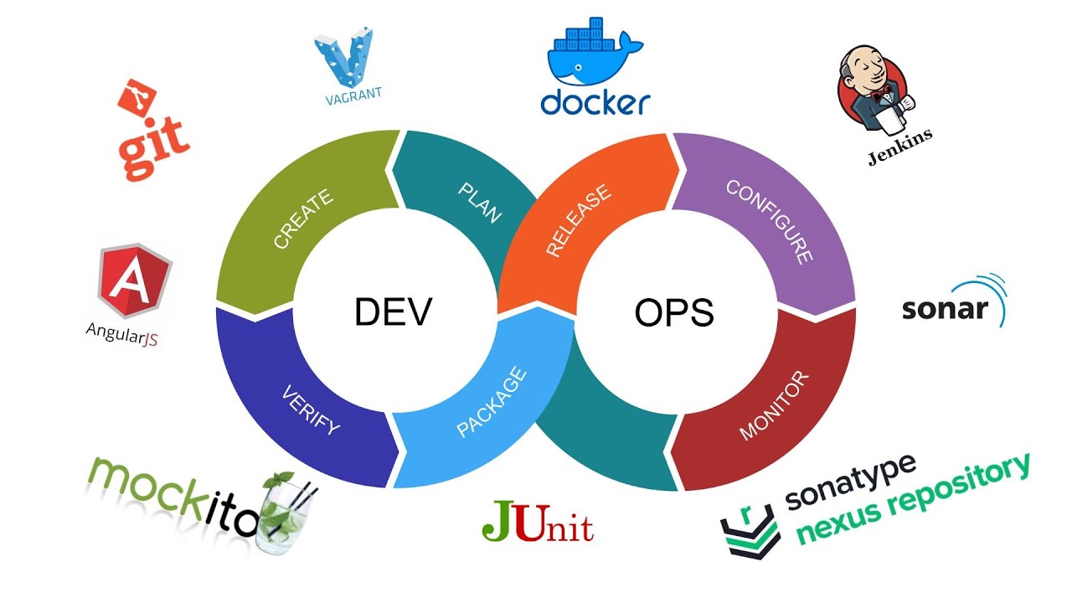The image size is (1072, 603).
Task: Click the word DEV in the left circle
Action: (x=393, y=312)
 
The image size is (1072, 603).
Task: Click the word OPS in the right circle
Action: (x=674, y=312)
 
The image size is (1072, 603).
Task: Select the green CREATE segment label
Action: (x=303, y=219)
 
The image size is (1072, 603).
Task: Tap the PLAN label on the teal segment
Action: (x=480, y=202)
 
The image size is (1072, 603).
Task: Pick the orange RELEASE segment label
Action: (x=579, y=221)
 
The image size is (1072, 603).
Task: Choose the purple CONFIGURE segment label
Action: (x=770, y=221)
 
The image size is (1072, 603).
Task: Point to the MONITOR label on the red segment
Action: (x=775, y=405)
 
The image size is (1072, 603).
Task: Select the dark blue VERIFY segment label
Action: (x=311, y=409)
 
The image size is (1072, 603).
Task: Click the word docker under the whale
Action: (x=595, y=102)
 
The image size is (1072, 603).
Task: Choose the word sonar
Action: (x=945, y=308)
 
